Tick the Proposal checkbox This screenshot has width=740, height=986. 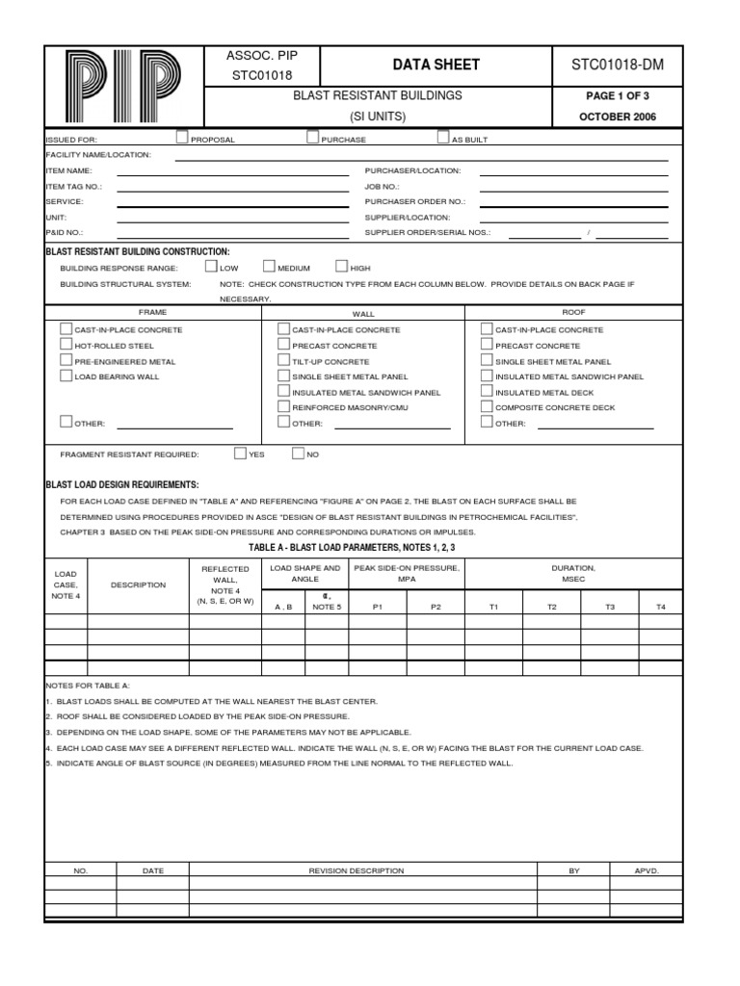tap(183, 138)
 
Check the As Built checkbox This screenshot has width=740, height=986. tap(443, 138)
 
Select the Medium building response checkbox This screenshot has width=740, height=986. tap(270, 267)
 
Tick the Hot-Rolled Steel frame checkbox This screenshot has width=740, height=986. tap(66, 345)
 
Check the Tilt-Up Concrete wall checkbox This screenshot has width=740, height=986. tap(283, 360)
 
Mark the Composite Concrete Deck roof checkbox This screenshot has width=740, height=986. tap(487, 407)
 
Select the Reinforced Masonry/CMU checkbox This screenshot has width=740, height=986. tap(283, 407)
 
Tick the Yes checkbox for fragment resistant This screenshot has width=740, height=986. tap(240, 453)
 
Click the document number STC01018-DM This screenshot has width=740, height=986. tap(618, 65)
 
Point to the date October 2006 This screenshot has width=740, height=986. tap(618, 117)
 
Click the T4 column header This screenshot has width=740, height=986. tap(660, 607)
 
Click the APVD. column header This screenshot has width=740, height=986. tap(646, 870)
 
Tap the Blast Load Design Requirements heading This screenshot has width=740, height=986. tap(122, 484)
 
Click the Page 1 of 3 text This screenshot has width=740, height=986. tap(618, 96)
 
